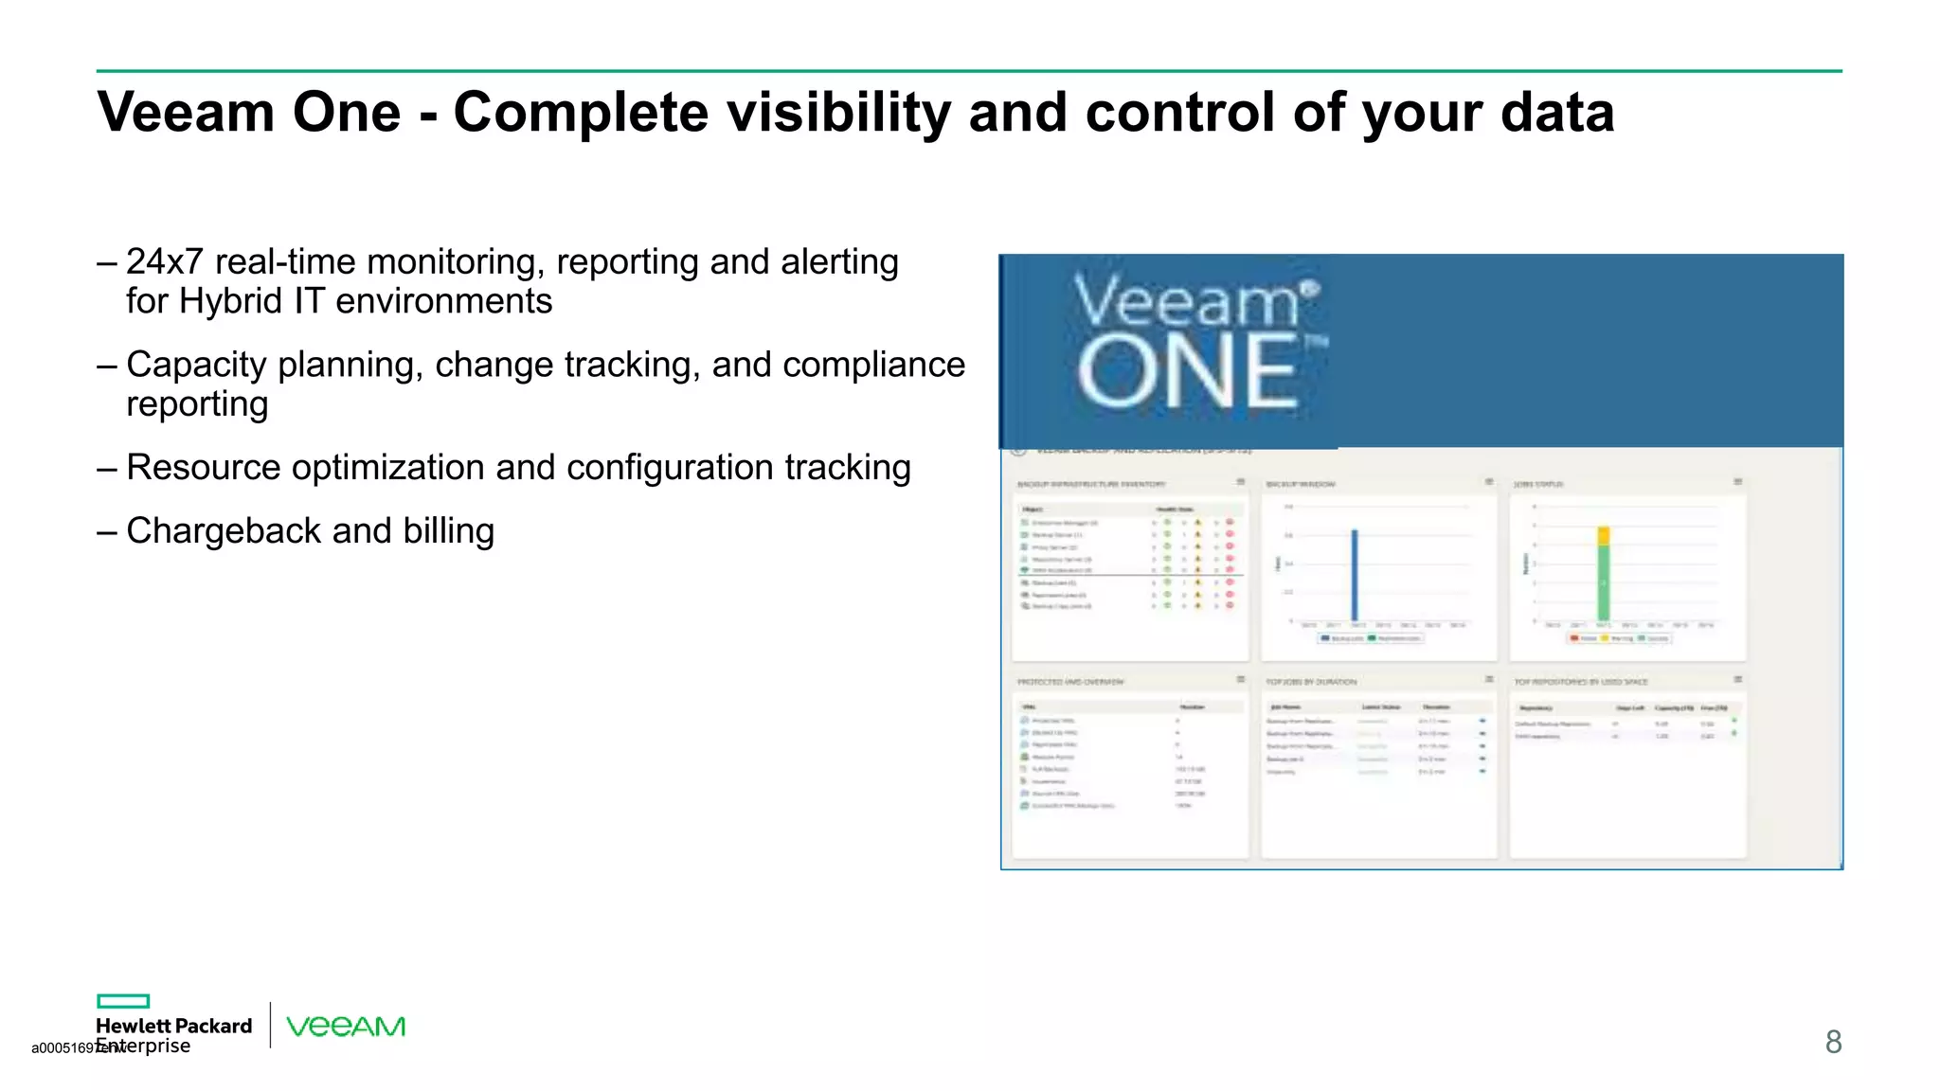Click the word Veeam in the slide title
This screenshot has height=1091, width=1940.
[186, 113]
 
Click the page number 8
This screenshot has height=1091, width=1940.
[1833, 1043]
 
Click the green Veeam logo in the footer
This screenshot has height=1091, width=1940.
[346, 1027]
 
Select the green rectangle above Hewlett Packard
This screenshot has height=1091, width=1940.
[123, 1001]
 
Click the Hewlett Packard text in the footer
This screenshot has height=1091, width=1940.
[174, 1027]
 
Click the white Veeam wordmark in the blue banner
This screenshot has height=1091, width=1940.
[1186, 302]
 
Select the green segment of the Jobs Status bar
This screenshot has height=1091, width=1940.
[1603, 583]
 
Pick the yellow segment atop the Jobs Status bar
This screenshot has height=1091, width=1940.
[1603, 536]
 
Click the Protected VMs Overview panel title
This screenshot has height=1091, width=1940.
[1070, 682]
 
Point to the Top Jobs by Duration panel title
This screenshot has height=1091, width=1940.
[1311, 682]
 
